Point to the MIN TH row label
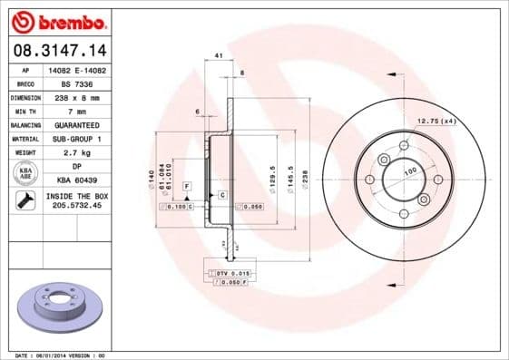point(24,111)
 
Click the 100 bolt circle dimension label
point(410,170)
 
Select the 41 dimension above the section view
point(220,56)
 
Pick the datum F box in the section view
point(187,185)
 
